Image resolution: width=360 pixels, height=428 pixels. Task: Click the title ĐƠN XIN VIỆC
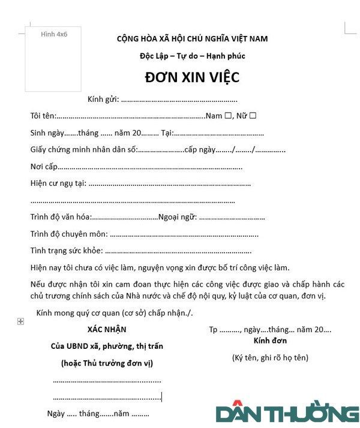(192, 77)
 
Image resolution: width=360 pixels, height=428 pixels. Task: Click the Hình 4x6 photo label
(53, 35)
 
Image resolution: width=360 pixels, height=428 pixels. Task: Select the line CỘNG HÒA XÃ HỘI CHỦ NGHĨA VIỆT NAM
(192, 39)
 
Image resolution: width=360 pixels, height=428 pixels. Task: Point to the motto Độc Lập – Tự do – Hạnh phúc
(192, 56)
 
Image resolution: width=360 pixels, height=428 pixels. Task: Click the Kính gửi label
(103, 99)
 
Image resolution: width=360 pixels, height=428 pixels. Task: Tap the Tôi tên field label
(43, 116)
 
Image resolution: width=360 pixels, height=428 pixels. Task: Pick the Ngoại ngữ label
(177, 216)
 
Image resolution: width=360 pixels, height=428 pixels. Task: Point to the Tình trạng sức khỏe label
(66, 251)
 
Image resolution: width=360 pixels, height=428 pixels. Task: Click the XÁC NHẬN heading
(107, 329)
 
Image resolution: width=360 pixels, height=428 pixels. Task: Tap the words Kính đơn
(270, 340)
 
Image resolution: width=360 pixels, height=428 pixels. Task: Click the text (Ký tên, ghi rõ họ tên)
(270, 357)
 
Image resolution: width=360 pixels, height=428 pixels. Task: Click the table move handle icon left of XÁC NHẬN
(21, 322)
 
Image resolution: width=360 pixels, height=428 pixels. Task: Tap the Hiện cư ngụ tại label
(58, 183)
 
